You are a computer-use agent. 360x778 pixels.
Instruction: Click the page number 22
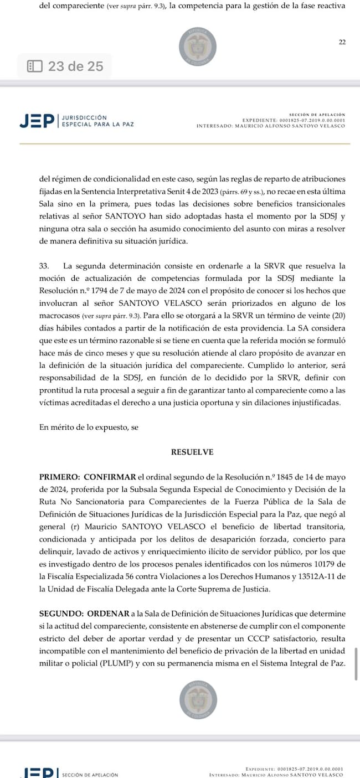pyautogui.click(x=342, y=43)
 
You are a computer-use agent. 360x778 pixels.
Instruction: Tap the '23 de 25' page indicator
pyautogui.click(x=75, y=66)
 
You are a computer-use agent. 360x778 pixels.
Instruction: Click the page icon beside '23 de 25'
pyautogui.click(x=34, y=66)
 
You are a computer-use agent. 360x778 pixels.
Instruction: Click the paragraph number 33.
pyautogui.click(x=45, y=266)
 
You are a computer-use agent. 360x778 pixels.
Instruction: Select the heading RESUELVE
pyautogui.click(x=192, y=452)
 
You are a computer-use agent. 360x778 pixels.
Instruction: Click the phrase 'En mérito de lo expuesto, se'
pyautogui.click(x=89, y=427)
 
